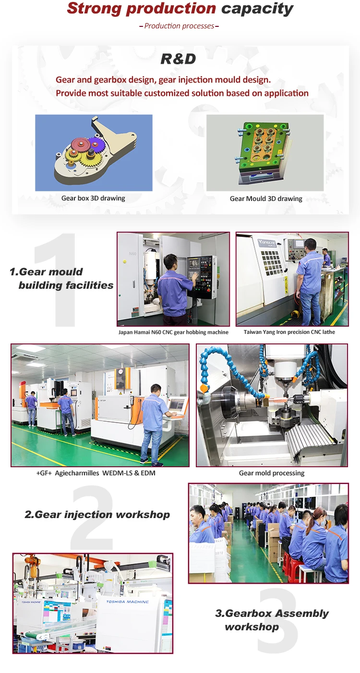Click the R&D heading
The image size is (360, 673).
click(178, 59)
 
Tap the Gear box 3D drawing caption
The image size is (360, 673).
click(93, 198)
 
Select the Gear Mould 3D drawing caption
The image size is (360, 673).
click(266, 199)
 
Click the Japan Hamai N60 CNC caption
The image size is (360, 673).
click(173, 332)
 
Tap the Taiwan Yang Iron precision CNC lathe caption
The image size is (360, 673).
click(289, 332)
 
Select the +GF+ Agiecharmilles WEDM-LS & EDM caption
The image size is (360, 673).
click(96, 473)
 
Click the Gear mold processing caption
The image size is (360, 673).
click(272, 473)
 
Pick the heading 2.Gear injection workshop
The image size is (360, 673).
click(97, 515)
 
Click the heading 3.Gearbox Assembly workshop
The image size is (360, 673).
click(271, 620)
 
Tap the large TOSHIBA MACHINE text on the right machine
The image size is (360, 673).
click(127, 602)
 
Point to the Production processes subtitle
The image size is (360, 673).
click(179, 26)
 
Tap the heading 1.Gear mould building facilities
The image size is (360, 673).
click(61, 279)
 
